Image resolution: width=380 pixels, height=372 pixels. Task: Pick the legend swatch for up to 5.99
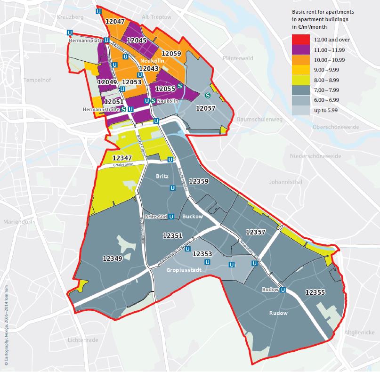tap(300, 110)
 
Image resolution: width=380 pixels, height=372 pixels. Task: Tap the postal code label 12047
tap(115, 22)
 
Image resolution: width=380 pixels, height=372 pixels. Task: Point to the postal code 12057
tap(205, 108)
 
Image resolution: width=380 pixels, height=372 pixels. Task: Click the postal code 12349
tap(112, 258)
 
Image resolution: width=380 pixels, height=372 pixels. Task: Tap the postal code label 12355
tap(315, 292)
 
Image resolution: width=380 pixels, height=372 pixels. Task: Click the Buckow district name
tap(193, 217)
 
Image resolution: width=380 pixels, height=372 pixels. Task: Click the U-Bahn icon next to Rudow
tap(283, 290)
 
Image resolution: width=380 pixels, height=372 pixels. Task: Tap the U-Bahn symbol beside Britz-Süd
tap(171, 217)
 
